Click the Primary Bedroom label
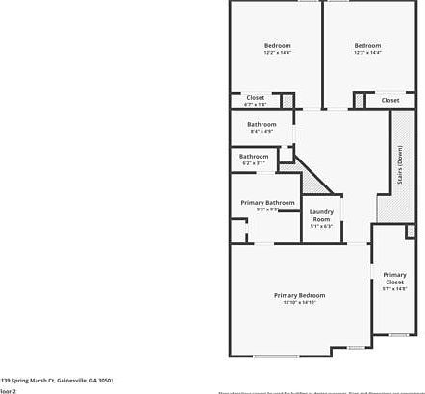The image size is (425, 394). tap(299, 294)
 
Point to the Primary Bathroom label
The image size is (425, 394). tap(266, 202)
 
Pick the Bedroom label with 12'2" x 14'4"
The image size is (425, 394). tap(277, 45)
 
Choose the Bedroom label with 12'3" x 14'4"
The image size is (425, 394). tap(366, 45)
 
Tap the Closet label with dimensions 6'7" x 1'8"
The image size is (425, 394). tap(255, 97)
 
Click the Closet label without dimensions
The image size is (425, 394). tap(389, 100)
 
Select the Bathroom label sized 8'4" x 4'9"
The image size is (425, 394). tap(262, 124)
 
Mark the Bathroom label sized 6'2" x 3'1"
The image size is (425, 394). tap(254, 156)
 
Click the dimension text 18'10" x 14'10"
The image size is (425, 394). tap(299, 303)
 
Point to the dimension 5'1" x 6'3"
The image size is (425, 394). tap(320, 226)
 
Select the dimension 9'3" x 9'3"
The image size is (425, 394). tap(266, 209)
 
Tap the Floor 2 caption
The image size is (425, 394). tap(8, 391)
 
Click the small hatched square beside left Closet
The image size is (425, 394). tap(287, 99)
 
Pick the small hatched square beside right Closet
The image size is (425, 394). tap(360, 99)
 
